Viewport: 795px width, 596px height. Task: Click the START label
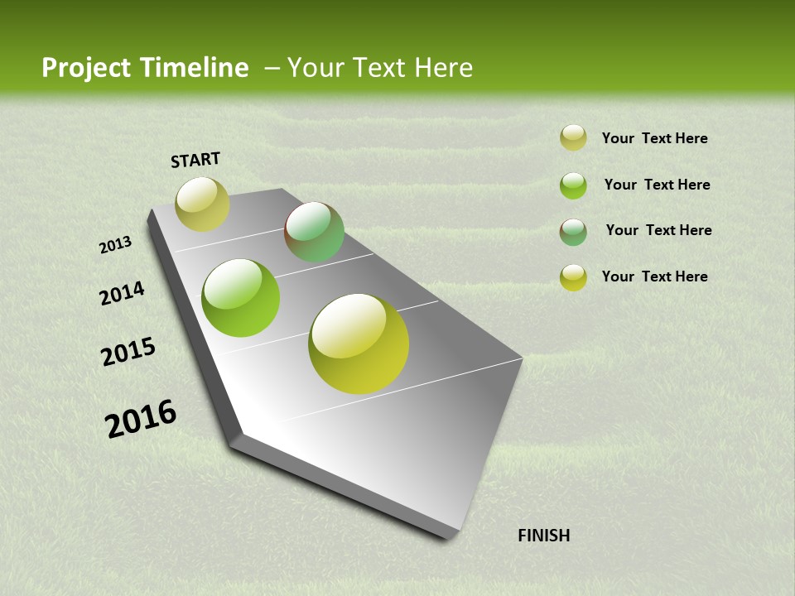(x=195, y=160)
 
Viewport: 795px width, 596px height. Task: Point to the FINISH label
(x=543, y=536)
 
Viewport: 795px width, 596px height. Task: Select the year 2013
(x=115, y=245)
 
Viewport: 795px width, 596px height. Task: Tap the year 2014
(x=122, y=294)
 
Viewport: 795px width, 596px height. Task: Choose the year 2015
(x=128, y=352)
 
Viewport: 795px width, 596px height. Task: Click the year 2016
(x=141, y=419)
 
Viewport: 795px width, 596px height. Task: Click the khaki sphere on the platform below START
(x=202, y=204)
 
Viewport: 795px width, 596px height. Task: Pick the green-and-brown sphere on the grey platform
(x=314, y=232)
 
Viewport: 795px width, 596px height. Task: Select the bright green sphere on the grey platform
(x=241, y=298)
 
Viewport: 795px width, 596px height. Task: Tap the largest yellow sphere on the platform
(x=359, y=344)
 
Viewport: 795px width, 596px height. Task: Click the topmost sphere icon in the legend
(x=573, y=137)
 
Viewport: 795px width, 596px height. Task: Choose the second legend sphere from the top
(x=573, y=185)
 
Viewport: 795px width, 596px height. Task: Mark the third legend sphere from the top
(x=573, y=232)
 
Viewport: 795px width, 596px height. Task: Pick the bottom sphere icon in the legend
(x=573, y=277)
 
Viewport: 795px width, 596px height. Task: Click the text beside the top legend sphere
(x=654, y=138)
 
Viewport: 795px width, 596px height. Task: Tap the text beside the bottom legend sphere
(x=654, y=276)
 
